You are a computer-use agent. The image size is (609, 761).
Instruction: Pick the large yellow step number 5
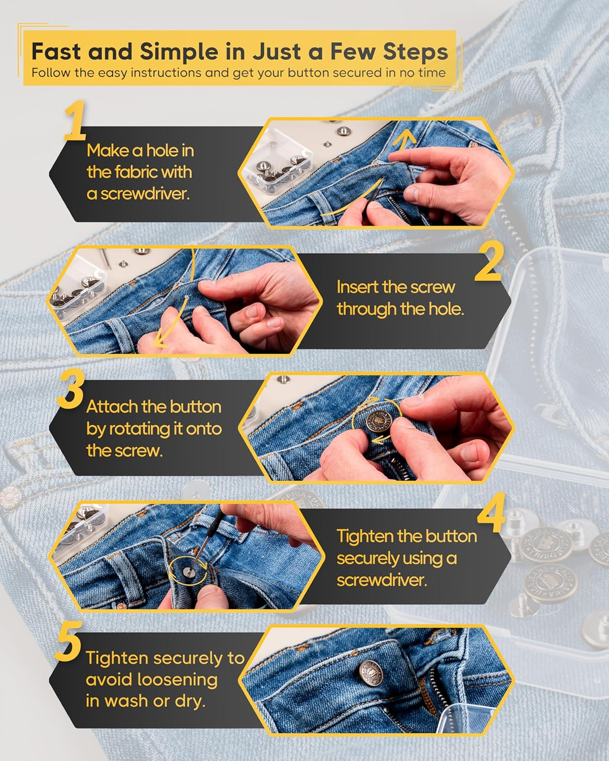click(x=70, y=645)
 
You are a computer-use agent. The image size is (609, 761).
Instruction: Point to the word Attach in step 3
click(x=111, y=407)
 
